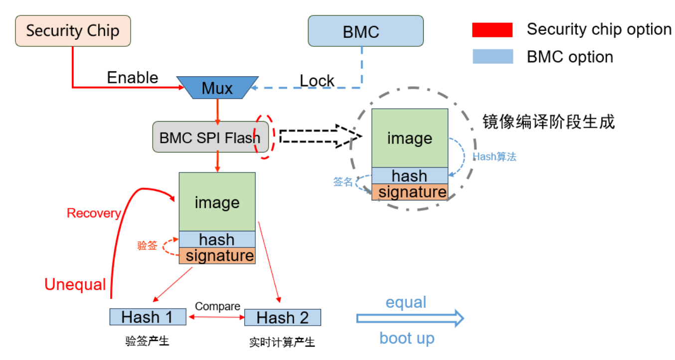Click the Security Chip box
(73, 31)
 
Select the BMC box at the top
(365, 31)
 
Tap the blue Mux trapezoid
(217, 88)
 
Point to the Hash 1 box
(148, 317)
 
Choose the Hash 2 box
(283, 318)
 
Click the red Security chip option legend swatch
(493, 30)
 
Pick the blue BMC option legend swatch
(493, 56)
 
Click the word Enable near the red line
(133, 78)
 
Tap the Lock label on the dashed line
(317, 81)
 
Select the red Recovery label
(94, 213)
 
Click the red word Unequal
(75, 285)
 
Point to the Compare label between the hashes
(217, 306)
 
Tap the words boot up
(407, 338)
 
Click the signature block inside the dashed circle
(410, 192)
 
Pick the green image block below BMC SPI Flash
(217, 202)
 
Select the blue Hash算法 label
(494, 157)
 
